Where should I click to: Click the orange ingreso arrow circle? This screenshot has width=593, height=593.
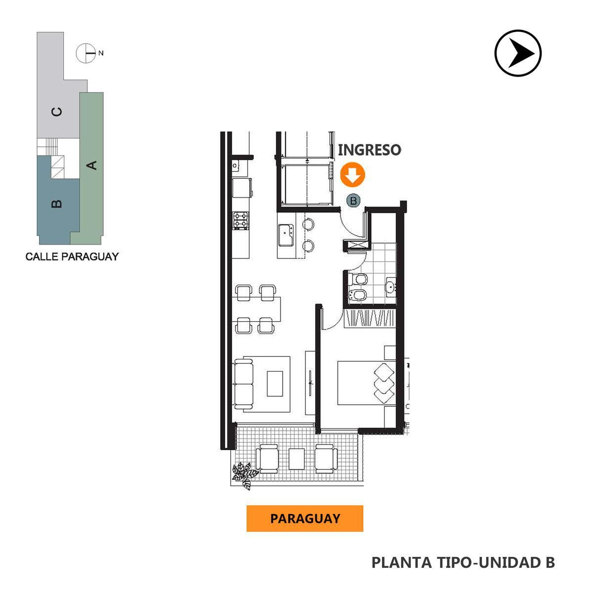pos(352,174)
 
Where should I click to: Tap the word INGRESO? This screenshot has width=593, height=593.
pos(369,150)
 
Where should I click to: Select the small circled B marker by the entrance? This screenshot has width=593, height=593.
pos(353,201)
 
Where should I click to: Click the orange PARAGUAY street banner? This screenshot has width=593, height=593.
pos(305,518)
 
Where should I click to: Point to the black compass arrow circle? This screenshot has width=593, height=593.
pos(518,53)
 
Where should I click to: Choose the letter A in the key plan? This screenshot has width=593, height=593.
pos(91,165)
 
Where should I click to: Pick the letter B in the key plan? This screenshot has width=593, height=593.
pos(57,204)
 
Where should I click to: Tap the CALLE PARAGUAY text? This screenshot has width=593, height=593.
pos(72,256)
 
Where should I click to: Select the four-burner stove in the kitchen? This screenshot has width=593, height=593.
pos(240,220)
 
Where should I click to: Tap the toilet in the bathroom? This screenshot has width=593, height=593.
pos(358,279)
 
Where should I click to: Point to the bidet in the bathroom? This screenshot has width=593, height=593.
pos(358,296)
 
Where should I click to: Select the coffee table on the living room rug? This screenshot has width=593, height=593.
pos(275,384)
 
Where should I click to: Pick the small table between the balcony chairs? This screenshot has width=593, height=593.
pos(296,459)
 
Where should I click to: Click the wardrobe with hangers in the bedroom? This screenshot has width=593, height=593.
pos(370,319)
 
